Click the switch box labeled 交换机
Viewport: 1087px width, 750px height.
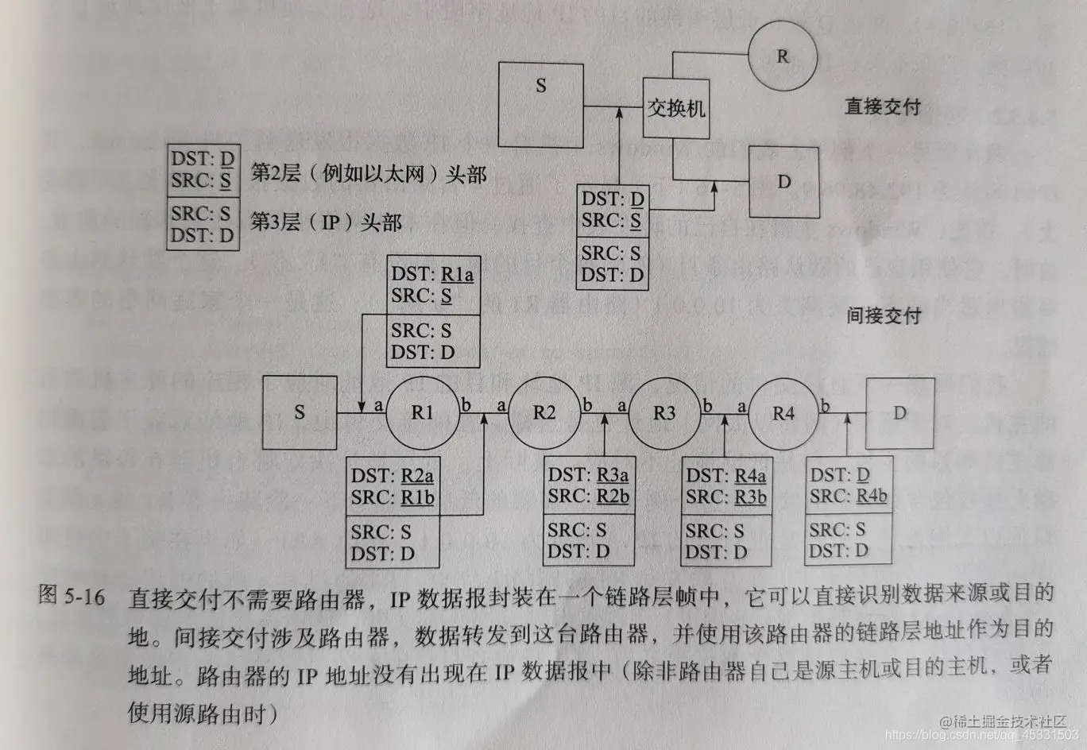(675, 109)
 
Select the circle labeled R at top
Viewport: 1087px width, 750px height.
(783, 56)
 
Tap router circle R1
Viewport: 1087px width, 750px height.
(422, 412)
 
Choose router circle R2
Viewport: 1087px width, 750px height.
(544, 412)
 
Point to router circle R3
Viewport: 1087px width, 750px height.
(664, 412)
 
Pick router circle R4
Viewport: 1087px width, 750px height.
(783, 413)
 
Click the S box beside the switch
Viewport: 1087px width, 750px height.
(540, 105)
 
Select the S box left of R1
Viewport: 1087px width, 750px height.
(300, 412)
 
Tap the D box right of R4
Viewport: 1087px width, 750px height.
(899, 412)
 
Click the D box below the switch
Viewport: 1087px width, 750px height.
(784, 182)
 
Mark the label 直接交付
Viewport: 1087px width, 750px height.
(882, 106)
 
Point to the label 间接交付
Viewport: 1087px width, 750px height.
(883, 315)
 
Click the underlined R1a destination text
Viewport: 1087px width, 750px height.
(457, 275)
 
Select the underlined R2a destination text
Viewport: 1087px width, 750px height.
(417, 476)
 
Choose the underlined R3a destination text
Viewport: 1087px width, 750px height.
(612, 475)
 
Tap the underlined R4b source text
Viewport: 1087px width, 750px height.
(871, 497)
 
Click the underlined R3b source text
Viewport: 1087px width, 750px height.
(750, 497)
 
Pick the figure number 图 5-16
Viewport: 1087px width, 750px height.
(72, 596)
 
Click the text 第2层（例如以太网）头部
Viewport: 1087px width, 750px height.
(368, 174)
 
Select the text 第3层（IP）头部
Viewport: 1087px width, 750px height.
(326, 222)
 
